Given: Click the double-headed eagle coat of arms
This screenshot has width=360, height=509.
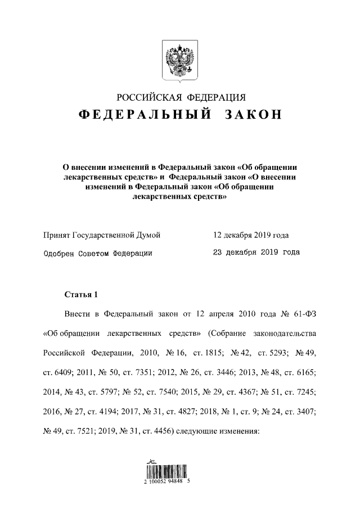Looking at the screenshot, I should coord(180,59).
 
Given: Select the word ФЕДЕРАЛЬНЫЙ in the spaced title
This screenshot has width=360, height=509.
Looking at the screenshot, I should coord(144,115).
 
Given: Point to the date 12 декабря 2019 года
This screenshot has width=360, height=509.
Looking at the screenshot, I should coord(251,235).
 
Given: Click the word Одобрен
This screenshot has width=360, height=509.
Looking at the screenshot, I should coord(59,253).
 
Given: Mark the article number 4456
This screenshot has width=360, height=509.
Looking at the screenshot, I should coord(161,431).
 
